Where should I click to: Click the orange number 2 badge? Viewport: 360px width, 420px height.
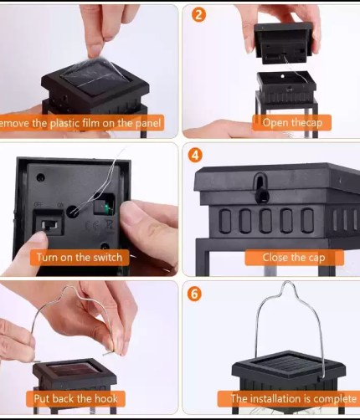point(198,14)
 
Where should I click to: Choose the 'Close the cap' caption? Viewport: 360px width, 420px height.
point(293,257)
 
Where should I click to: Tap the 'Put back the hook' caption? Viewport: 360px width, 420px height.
point(74,398)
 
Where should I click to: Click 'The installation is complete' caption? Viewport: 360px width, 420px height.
point(287,398)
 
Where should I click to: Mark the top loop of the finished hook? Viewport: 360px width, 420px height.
point(290,289)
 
